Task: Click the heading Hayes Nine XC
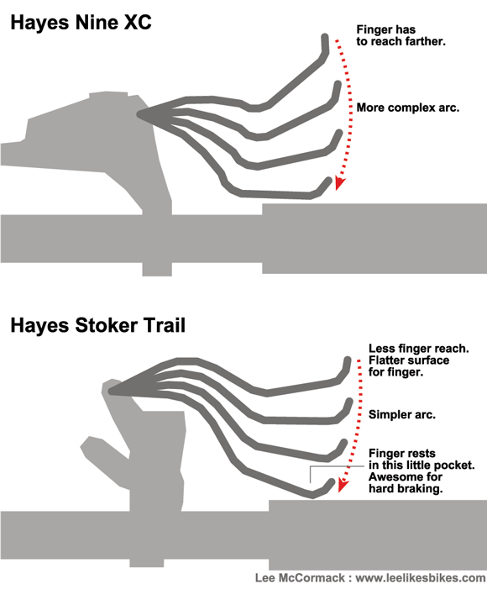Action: point(81,22)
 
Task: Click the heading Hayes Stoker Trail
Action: point(98,325)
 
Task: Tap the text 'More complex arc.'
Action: point(408,108)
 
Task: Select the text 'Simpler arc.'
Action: point(401,415)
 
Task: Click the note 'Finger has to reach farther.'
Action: point(401,35)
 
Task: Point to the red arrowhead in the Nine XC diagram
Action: point(339,183)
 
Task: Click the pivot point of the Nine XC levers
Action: point(139,113)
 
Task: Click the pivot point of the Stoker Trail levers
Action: point(111,391)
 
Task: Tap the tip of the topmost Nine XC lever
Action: point(325,37)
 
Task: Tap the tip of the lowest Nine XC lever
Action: point(329,181)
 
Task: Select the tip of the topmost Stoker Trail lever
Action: point(348,360)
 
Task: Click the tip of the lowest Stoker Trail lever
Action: point(331,481)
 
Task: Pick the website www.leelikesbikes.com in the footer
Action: point(420,578)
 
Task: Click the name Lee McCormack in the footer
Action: point(300,578)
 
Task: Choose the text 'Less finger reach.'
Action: point(419,349)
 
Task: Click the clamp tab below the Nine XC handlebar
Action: point(157,269)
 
